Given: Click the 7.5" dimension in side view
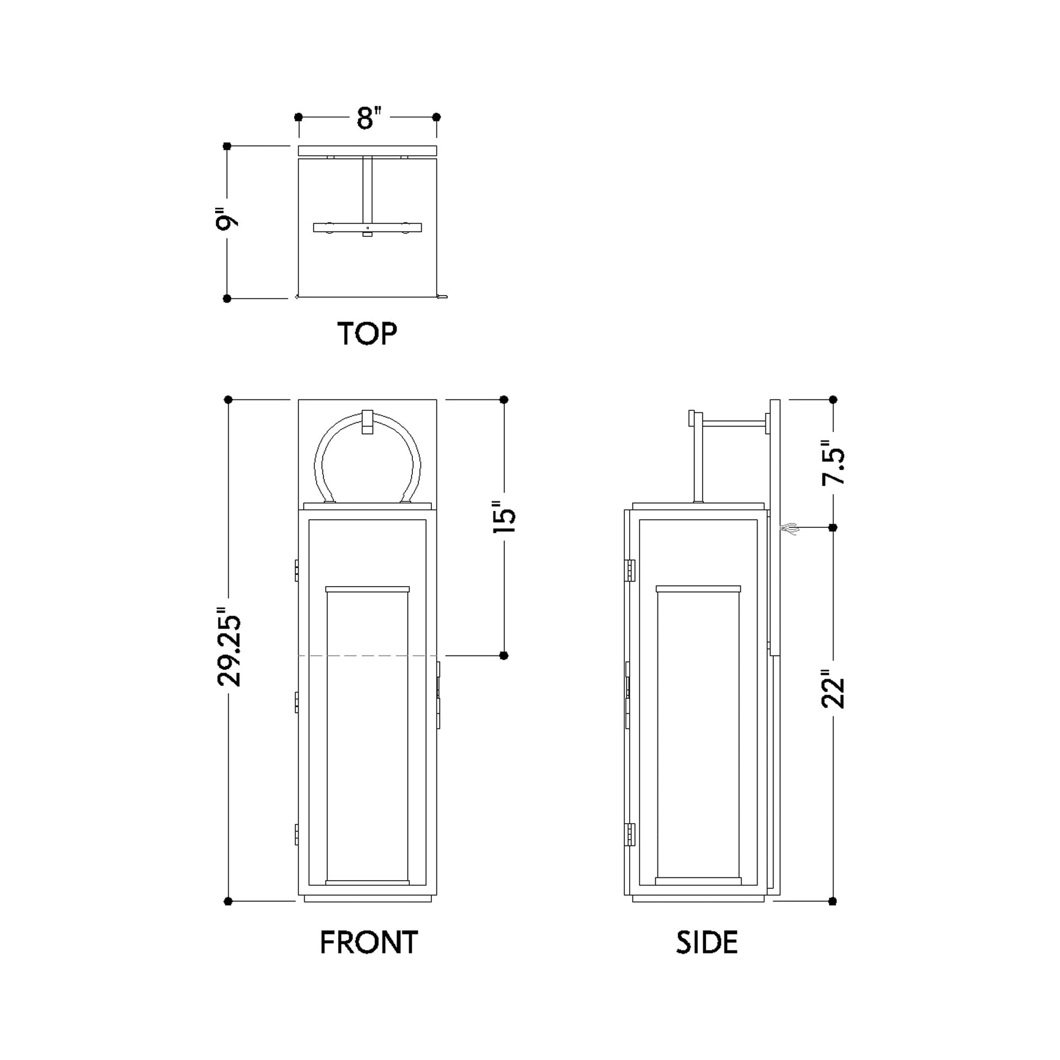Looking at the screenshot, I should point(832,462).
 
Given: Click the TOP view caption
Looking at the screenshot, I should point(367,333).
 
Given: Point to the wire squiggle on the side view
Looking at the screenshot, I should point(788,528).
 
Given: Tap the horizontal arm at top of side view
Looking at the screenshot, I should point(733,423).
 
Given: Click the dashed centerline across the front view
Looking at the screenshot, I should point(368,656).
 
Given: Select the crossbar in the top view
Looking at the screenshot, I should point(368,227).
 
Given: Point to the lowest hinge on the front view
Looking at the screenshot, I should point(297,834).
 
